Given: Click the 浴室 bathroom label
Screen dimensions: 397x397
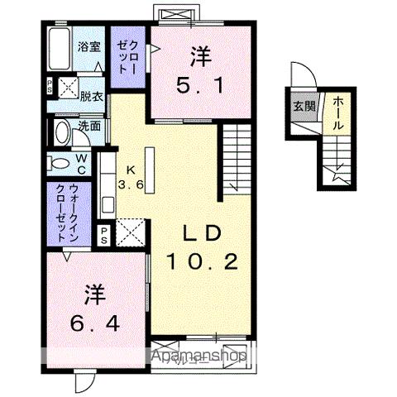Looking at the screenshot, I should coord(87,47).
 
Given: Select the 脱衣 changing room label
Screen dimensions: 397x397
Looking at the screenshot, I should coord(91,96).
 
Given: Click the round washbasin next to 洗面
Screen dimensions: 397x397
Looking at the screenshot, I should coord(62,132).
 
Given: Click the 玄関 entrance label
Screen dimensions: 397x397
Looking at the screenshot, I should coord(302,106).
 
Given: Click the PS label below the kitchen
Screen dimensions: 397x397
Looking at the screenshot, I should coord(105,233).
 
